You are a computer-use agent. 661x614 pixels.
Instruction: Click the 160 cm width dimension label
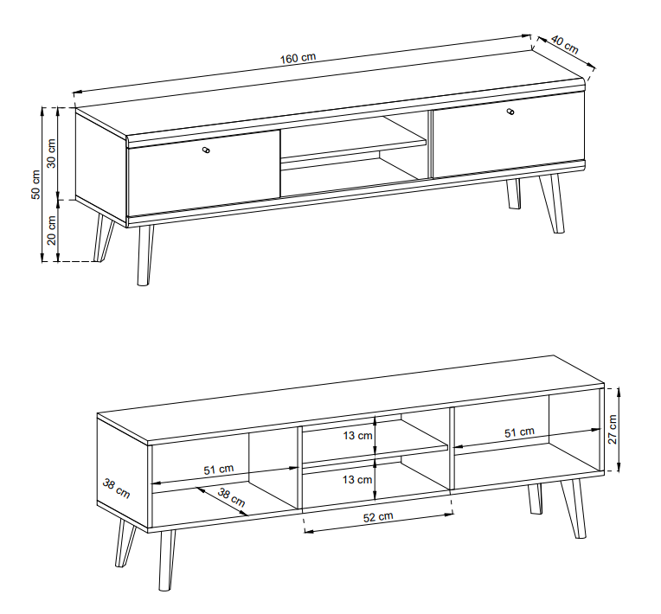tap(298, 58)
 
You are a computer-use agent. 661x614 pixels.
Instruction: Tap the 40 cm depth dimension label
tap(564, 44)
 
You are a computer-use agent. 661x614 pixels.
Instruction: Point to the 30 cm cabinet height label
tap(51, 152)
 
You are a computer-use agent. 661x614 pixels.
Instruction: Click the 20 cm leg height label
tap(51, 229)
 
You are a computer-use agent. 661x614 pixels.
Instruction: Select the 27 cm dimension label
tap(613, 428)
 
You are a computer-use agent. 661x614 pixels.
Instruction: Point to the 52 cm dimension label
tap(378, 516)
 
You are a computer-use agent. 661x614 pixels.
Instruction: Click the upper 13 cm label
tap(356, 436)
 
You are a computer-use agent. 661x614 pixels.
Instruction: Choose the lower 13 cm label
tap(356, 478)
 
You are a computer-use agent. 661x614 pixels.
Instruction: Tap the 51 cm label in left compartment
tap(219, 470)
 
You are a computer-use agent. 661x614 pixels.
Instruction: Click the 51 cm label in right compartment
tap(520, 432)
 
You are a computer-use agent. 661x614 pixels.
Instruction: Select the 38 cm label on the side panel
tap(117, 488)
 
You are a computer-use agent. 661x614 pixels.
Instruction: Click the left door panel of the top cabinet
tap(204, 173)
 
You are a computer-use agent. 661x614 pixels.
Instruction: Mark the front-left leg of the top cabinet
tap(144, 255)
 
